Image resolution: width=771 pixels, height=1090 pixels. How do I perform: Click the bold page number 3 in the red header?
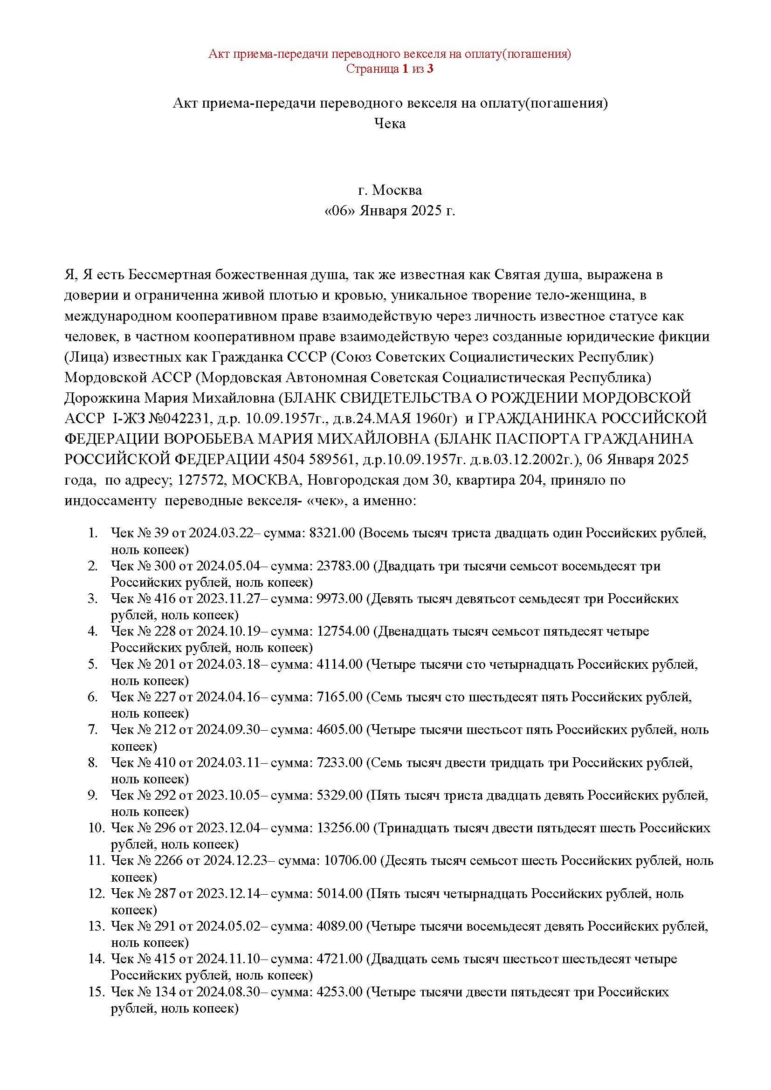(430, 69)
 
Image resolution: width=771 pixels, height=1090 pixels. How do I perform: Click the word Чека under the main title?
(390, 124)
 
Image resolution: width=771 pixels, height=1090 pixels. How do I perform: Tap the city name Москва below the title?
(397, 191)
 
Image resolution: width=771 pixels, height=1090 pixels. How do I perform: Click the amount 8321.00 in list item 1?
(332, 533)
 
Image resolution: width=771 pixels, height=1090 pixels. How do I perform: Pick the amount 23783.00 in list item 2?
(343, 566)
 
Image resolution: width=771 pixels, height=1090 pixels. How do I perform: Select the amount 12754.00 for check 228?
(343, 631)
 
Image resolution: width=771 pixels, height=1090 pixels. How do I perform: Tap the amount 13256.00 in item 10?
(343, 828)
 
